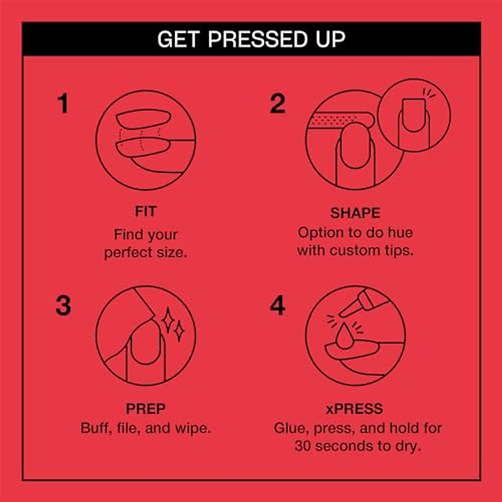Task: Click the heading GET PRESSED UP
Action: [251, 39]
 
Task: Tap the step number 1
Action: [63, 103]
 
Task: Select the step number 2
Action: [277, 103]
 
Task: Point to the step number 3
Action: [63, 306]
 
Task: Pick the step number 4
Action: [277, 306]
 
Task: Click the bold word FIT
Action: [145, 211]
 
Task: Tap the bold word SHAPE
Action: [355, 213]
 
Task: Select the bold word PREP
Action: [146, 408]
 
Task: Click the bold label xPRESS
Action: [354, 408]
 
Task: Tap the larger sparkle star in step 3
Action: [168, 320]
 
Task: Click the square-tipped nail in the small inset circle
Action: [413, 114]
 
